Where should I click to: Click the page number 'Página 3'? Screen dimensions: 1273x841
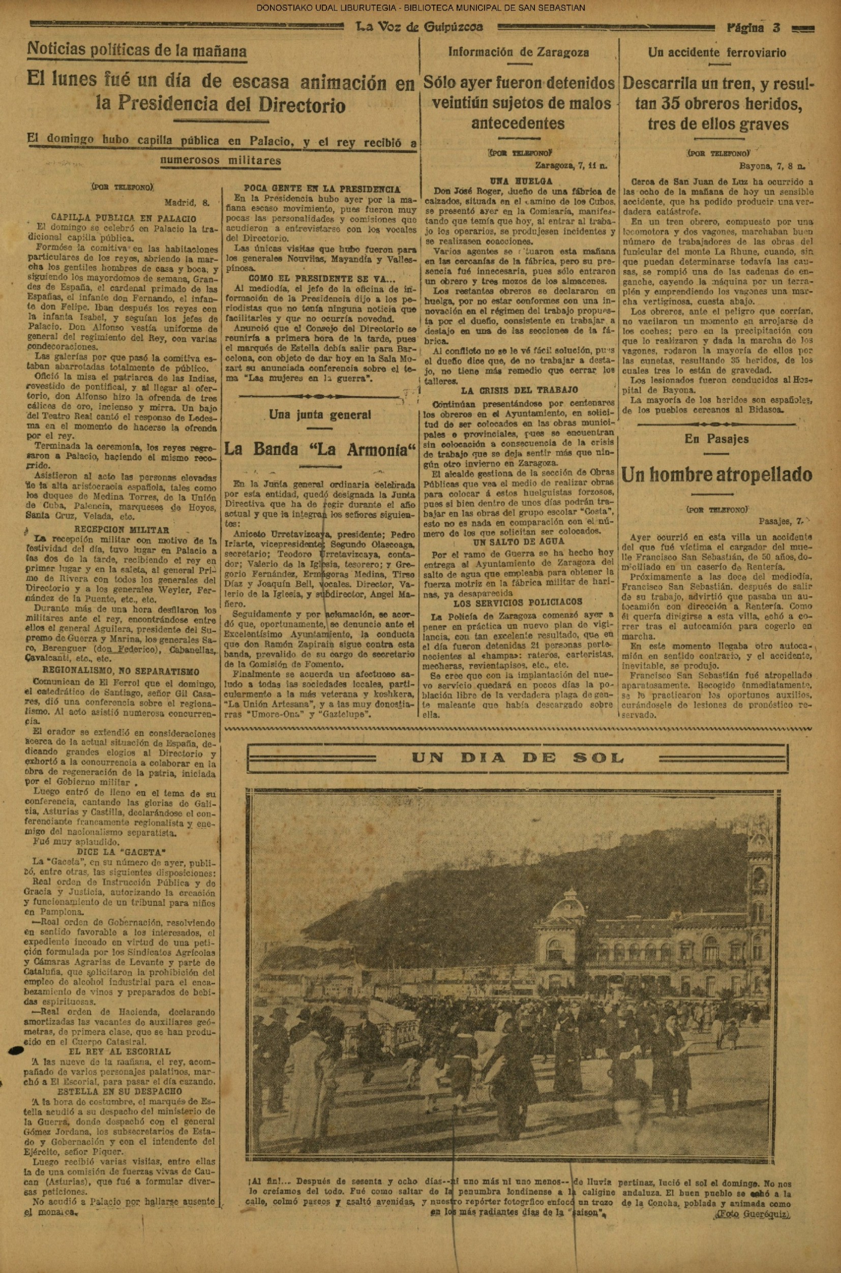coord(754,27)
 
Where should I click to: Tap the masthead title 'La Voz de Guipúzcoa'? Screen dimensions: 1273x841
coord(419,27)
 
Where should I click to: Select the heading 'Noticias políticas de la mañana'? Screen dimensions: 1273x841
coord(137,51)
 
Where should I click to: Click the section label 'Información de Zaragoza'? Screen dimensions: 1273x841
coord(518,52)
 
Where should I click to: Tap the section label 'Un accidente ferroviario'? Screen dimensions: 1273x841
coord(716,52)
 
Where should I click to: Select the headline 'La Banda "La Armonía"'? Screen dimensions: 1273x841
coord(320,448)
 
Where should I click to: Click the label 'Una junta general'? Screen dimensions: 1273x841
coord(320,414)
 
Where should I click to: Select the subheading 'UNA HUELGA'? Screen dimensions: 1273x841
coord(518,181)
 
